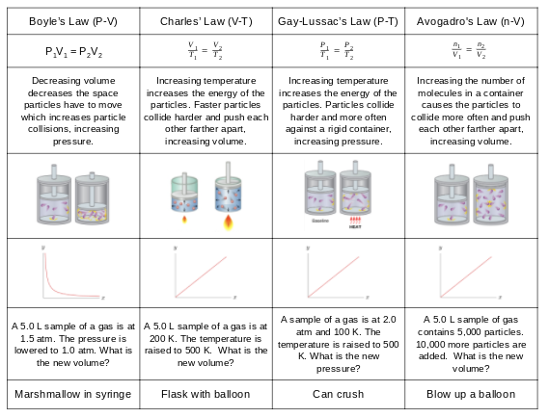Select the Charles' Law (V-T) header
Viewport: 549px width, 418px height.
tap(205, 20)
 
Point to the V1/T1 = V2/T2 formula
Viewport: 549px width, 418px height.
tap(205, 50)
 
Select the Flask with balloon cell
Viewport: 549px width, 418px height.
tap(205, 394)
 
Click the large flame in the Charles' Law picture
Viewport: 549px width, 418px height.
tap(228, 223)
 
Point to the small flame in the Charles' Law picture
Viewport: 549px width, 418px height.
tap(183, 220)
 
